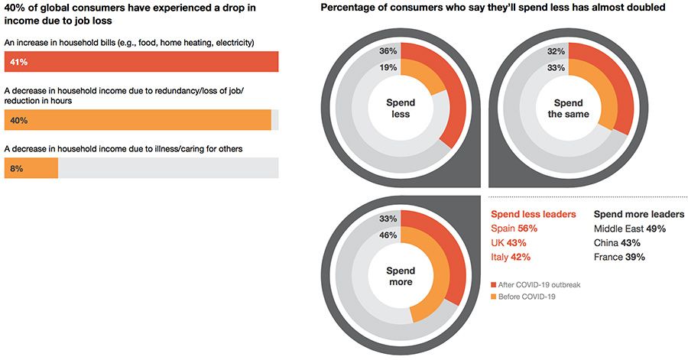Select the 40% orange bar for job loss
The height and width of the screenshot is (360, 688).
(138, 120)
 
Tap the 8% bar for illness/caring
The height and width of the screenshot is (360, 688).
(31, 167)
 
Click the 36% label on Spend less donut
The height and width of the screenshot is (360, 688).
(388, 51)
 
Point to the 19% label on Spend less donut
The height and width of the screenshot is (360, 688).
(388, 67)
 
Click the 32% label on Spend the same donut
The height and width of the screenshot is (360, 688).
(556, 51)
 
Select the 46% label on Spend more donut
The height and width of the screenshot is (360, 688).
(388, 235)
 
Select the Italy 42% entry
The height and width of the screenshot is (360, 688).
(510, 258)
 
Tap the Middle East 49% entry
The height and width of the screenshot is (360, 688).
(630, 229)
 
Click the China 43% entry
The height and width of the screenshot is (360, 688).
(617, 243)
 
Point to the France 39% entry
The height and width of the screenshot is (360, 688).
(619, 258)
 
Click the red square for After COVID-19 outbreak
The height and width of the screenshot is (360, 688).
(494, 284)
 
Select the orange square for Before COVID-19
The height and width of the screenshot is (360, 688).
(494, 297)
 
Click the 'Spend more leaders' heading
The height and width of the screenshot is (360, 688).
(639, 214)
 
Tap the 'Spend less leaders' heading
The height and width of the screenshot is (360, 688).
(533, 214)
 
